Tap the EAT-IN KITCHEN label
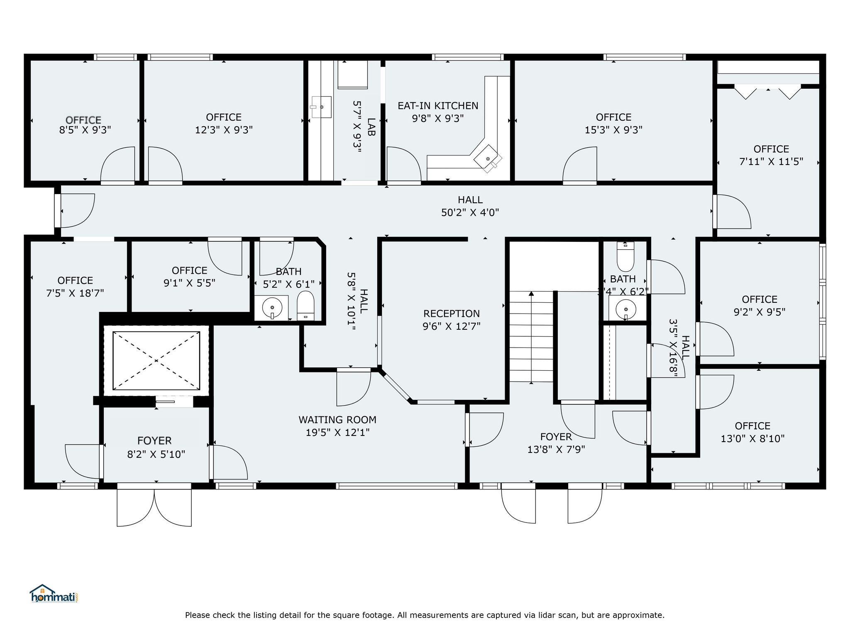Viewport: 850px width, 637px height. click(x=438, y=106)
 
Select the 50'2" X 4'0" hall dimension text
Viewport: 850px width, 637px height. click(x=470, y=213)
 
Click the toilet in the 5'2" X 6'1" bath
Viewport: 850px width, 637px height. click(x=306, y=306)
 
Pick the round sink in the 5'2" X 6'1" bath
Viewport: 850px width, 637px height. click(x=272, y=308)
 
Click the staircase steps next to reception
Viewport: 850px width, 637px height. click(x=531, y=336)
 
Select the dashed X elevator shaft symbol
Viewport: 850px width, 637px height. click(x=156, y=360)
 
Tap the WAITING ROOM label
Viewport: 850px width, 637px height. click(x=337, y=420)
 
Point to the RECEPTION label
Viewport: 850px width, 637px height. click(x=452, y=314)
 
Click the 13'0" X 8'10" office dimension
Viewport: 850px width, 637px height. click(x=752, y=439)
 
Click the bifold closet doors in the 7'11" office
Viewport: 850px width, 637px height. click(x=768, y=92)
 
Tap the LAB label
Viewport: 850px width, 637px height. click(x=371, y=127)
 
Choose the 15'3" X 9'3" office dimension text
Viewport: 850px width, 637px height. click(x=613, y=130)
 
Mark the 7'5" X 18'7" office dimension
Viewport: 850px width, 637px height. click(x=75, y=293)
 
